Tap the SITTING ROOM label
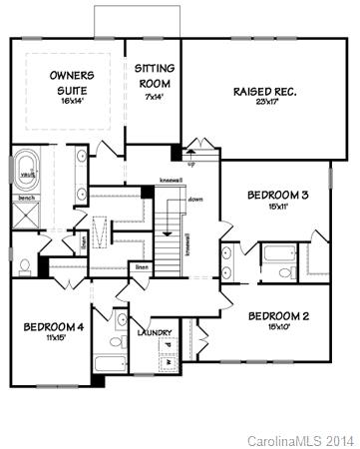pos(154,77)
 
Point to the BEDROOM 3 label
pos(276,195)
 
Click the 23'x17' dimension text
pos(265,103)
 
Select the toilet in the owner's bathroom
pos(22,266)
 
